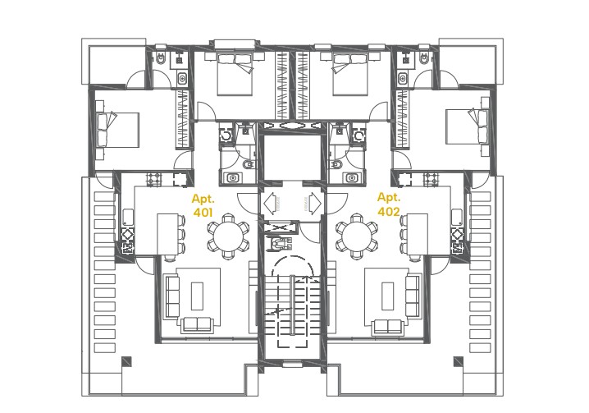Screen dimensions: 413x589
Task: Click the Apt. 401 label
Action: pos(203,205)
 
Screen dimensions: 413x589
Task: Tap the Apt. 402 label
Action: pos(389,204)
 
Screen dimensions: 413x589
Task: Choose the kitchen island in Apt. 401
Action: pos(168,232)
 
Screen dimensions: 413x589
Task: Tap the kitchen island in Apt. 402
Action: pos(419,232)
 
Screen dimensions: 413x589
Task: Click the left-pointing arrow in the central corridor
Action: pos(272,202)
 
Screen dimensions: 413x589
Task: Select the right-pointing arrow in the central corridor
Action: pos(317,202)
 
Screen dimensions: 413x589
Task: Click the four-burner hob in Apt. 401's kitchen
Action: pos(129,238)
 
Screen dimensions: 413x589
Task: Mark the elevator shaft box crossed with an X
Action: pos(281,226)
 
